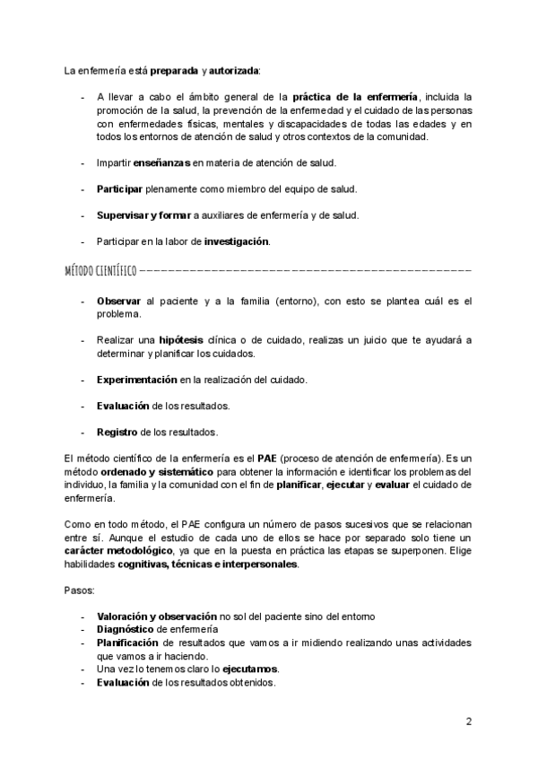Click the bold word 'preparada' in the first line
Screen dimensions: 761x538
pos(175,70)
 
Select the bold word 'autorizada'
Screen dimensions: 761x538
pos(235,70)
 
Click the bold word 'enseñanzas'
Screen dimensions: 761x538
pos(161,162)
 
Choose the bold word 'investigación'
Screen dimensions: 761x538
pos(236,241)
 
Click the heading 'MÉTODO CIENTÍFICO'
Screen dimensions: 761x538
pos(100,270)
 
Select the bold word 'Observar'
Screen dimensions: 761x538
pos(119,302)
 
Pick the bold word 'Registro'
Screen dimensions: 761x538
pos(117,433)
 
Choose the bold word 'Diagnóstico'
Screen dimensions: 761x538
pos(126,630)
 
